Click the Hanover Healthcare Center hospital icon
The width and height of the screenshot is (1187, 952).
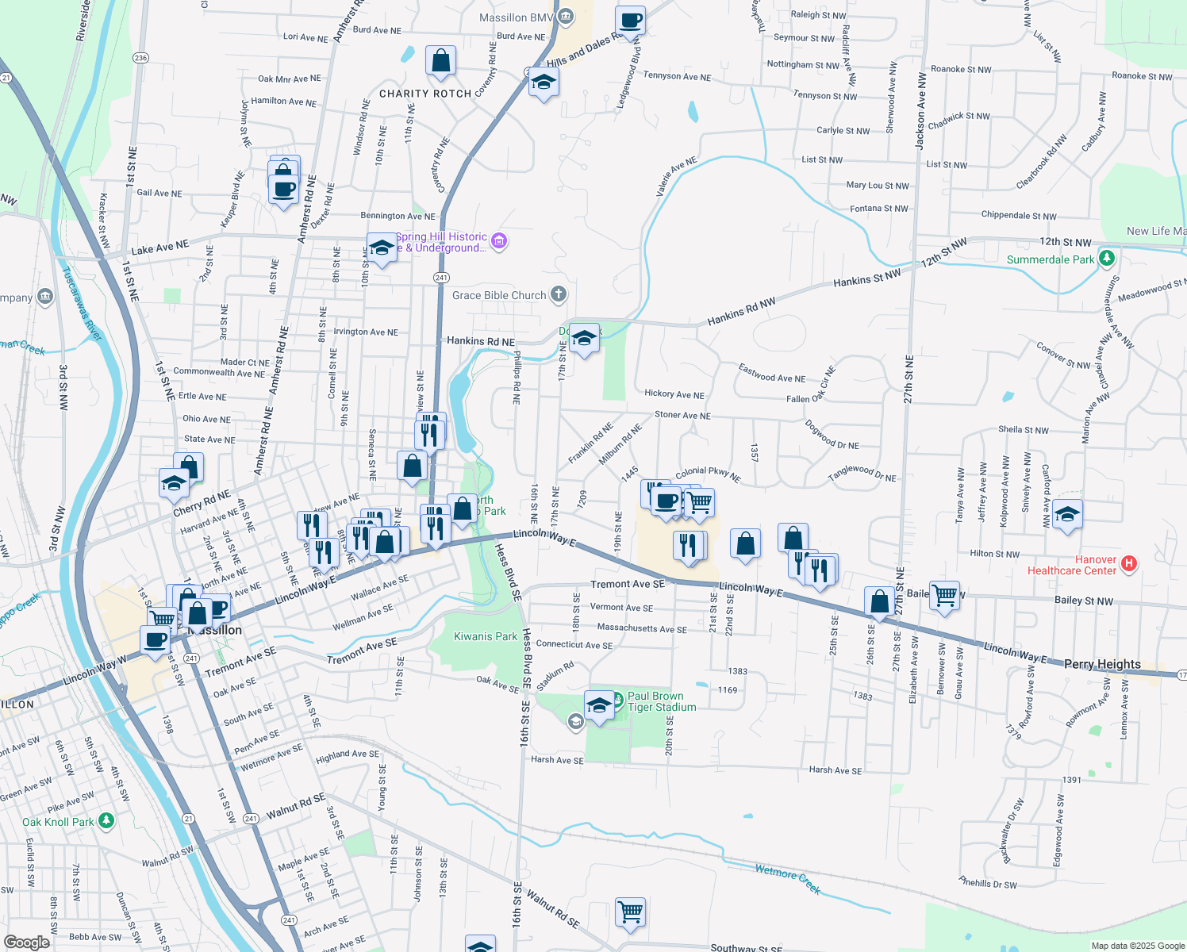click(1129, 563)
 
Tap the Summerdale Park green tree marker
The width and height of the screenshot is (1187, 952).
click(1107, 259)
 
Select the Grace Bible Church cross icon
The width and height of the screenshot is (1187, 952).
click(559, 295)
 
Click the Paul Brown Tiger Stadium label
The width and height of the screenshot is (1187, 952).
click(662, 701)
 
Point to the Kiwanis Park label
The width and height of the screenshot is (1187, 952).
click(485, 636)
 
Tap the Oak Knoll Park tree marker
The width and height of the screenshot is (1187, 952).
click(106, 820)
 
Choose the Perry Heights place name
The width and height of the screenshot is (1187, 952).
click(1102, 664)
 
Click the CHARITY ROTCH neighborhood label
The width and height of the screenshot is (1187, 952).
click(425, 94)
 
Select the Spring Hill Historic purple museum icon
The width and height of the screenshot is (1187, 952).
click(499, 240)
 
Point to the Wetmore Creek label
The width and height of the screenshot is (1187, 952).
click(787, 879)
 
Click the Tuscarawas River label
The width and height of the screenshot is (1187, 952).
click(82, 304)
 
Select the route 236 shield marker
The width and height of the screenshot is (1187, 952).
click(140, 58)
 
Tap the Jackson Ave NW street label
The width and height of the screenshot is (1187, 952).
click(920, 111)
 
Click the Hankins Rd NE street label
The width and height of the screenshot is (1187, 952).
click(481, 341)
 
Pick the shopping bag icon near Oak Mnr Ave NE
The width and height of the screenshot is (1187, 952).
click(441, 60)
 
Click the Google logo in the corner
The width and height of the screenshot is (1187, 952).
click(27, 942)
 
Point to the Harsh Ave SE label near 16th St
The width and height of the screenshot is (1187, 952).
click(557, 760)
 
